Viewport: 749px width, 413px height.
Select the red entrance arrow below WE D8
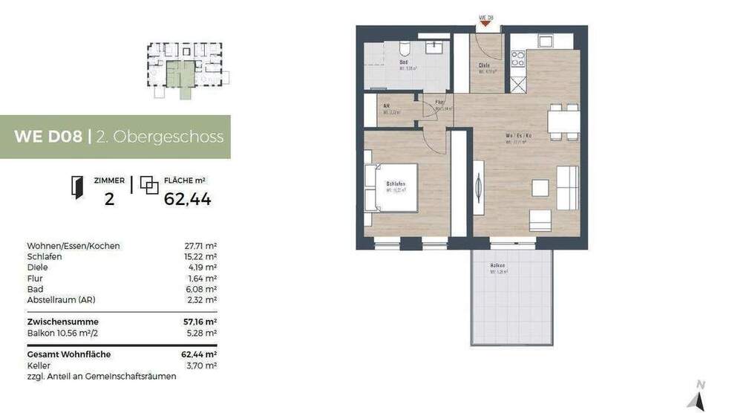pos(486,24)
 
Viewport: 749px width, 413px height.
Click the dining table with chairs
pos(563,121)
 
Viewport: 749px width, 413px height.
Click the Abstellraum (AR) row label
pos(61,300)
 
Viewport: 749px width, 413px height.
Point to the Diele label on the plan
pos(483,66)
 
